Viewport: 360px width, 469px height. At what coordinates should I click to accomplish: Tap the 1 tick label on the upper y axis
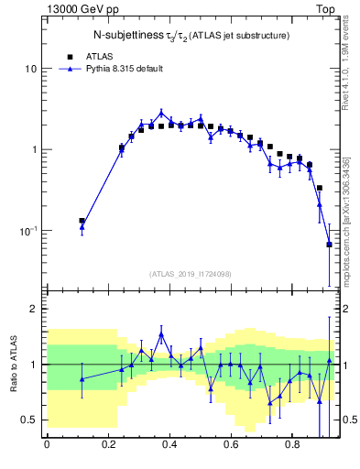pyautogui.click(x=35, y=150)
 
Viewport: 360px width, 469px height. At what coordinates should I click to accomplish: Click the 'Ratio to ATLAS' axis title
pyautogui.click(x=12, y=365)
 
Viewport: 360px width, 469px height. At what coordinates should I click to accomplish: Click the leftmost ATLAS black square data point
pyautogui.click(x=82, y=221)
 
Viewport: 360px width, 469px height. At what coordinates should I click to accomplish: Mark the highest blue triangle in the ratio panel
pyautogui.click(x=161, y=335)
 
